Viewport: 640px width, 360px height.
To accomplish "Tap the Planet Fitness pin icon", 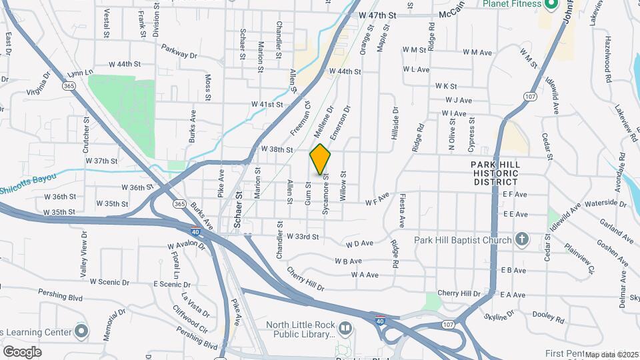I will point(551,5).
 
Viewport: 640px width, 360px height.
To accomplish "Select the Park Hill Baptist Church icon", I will point(521,239).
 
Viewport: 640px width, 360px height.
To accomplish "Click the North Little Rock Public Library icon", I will point(345,328).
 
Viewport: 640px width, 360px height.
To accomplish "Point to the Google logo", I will point(22,351).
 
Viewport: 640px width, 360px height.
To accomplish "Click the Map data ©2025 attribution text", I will point(612,355).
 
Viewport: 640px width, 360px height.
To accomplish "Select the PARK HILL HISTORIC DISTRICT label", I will point(494,173).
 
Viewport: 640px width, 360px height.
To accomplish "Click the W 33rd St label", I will point(303,237).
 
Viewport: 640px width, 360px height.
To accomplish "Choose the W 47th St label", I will point(377,14).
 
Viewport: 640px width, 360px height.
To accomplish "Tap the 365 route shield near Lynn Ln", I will point(69,86).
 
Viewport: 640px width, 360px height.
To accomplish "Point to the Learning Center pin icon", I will point(81,331).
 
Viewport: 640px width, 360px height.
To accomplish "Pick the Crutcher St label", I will point(86,136).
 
